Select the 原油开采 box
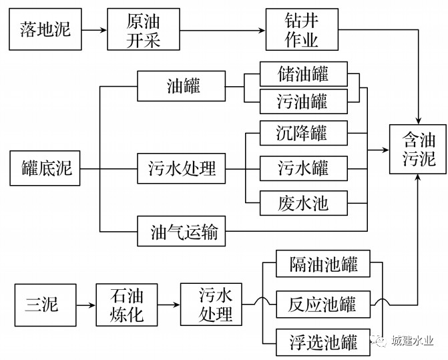(x=144, y=30)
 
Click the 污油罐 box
(x=303, y=102)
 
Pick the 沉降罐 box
(x=303, y=132)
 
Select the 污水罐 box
(x=303, y=167)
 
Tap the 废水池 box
(x=303, y=201)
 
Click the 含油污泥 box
(x=419, y=148)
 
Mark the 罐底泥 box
(x=42, y=168)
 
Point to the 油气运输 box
(x=183, y=233)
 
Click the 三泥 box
(x=42, y=305)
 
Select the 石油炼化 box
(x=126, y=305)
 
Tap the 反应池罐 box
(x=324, y=305)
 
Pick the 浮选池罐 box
(x=324, y=344)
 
